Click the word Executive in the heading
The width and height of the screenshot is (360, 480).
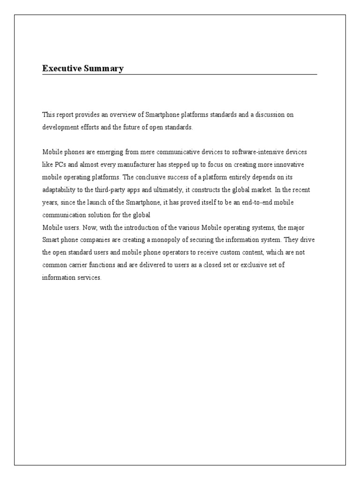click(x=60, y=68)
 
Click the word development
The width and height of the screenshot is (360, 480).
click(x=60, y=127)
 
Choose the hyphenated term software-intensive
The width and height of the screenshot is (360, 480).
click(x=255, y=152)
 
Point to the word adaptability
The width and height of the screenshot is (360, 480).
click(x=59, y=190)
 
